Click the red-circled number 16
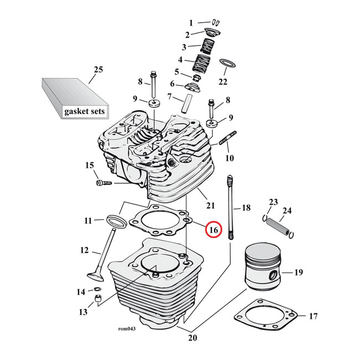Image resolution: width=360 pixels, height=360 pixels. (213, 229)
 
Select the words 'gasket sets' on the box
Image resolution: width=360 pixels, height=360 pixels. (84, 111)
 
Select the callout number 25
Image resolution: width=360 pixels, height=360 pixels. (98, 70)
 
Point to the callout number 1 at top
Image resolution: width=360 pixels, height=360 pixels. (191, 23)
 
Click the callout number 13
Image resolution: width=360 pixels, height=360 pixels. (83, 312)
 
